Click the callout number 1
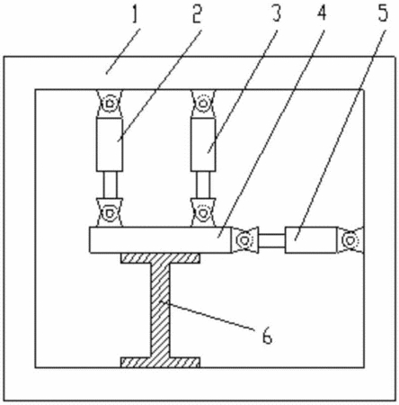[x=135, y=13]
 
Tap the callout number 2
[x=197, y=13]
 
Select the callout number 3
[x=276, y=13]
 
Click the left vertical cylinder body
[x=110, y=144]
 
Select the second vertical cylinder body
[x=203, y=144]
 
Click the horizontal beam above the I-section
[x=161, y=240]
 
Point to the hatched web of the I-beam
[x=160, y=310]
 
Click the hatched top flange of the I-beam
[x=160, y=258]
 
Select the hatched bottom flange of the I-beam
[x=160, y=363]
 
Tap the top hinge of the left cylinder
[x=110, y=103]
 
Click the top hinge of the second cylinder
[x=203, y=103]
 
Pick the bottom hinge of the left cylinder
[x=110, y=212]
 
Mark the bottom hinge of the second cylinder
[x=203, y=212]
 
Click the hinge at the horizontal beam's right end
[x=244, y=240]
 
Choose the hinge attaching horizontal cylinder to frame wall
[x=350, y=240]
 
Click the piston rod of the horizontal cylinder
[x=271, y=240]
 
